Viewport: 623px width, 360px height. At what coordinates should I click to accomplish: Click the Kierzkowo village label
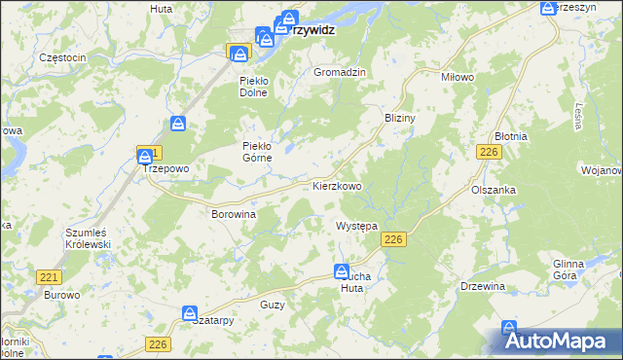338,185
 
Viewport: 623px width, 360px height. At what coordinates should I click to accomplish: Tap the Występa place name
356,226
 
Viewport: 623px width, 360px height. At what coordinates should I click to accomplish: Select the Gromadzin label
339,73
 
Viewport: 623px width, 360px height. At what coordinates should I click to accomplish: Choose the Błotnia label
510,136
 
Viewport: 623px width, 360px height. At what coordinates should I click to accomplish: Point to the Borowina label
234,213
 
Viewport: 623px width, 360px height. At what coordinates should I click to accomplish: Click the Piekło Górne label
261,153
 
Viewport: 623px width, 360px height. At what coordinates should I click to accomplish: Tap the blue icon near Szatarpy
191,312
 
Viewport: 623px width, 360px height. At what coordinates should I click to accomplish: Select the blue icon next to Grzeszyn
549,8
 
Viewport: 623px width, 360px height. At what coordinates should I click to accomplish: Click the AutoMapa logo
559,341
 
